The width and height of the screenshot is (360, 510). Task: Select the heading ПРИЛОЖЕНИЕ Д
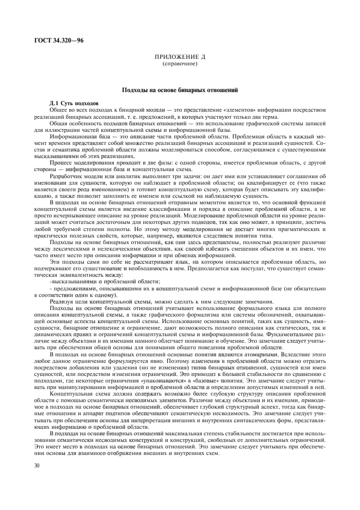179,57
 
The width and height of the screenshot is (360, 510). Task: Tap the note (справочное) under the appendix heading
179,64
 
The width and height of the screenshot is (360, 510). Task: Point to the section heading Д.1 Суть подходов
73,102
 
